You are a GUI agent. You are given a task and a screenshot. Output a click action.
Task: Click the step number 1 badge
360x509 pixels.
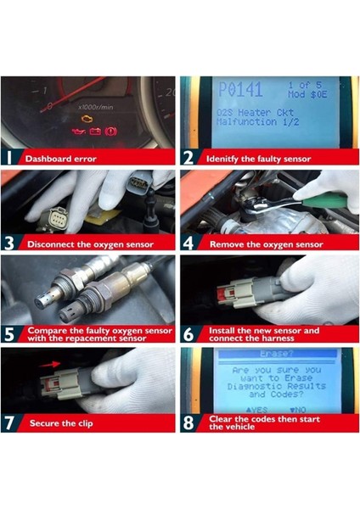tap(10, 158)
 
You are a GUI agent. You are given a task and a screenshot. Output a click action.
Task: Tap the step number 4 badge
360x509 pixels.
tap(188, 244)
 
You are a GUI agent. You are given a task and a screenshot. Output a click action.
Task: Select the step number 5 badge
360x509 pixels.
tap(10, 333)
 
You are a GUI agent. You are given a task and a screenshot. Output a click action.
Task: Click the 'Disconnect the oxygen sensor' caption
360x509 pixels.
tap(90, 245)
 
